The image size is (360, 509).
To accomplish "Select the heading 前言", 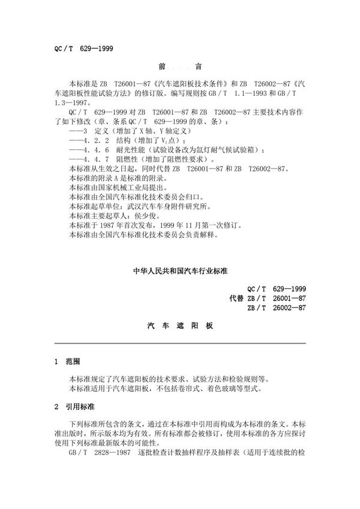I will [x=180, y=68].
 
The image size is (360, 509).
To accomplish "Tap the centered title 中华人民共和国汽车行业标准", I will [x=179, y=270].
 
